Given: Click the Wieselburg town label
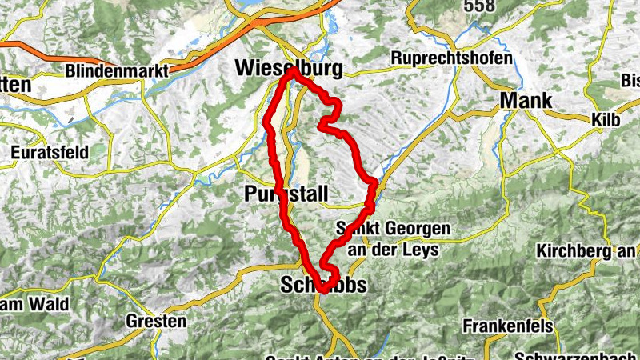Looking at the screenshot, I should click(x=289, y=70).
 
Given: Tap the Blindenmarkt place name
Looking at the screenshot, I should click(x=117, y=70).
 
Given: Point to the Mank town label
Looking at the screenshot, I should click(x=526, y=100).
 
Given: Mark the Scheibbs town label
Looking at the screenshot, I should click(x=323, y=285).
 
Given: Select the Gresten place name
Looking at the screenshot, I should click(x=156, y=322).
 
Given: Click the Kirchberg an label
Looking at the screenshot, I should click(x=587, y=251).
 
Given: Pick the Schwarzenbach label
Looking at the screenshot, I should click(x=577, y=354).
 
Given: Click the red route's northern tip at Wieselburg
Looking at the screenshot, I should click(x=294, y=71).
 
